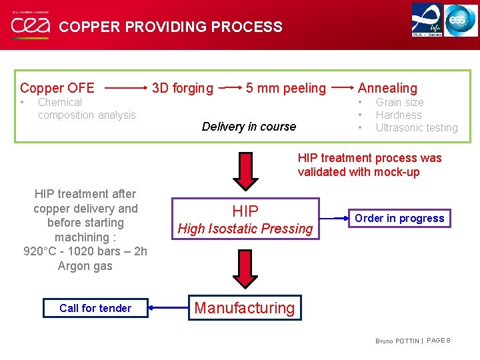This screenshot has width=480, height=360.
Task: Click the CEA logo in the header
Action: [x=29, y=26]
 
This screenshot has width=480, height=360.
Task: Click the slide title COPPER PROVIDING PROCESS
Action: [x=171, y=27]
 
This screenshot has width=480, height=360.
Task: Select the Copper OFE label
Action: [x=57, y=88]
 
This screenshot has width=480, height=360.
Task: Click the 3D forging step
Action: [x=183, y=88]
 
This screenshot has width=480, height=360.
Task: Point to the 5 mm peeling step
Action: [x=286, y=88]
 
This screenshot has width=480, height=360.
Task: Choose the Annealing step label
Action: [x=387, y=88]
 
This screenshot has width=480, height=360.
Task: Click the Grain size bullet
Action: [x=399, y=102]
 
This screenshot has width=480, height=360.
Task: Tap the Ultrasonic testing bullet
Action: [x=417, y=127]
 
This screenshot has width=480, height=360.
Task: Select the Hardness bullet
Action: [x=399, y=115]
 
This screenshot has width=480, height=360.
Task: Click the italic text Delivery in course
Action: [x=249, y=127]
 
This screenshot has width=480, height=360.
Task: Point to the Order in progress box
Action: [x=399, y=218]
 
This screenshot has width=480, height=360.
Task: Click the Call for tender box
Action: [x=95, y=308]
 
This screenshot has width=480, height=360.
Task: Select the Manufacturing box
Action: [x=244, y=308]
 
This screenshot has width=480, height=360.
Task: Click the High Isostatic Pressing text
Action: [x=245, y=229]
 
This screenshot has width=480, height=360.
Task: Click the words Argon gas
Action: [x=85, y=266]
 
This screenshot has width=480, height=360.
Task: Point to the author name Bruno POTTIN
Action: [x=397, y=341]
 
